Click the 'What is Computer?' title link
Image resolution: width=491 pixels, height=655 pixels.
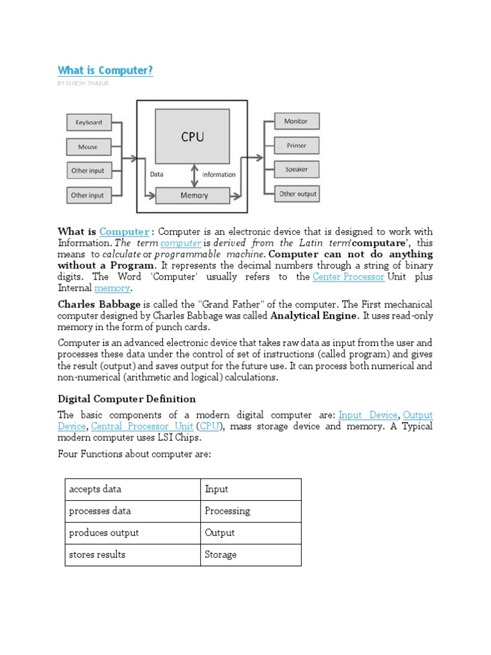coord(105,70)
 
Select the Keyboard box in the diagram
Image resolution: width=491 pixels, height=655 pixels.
coord(89,123)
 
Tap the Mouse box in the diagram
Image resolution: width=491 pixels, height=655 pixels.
coord(89,147)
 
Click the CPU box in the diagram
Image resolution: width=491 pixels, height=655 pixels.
coord(192,137)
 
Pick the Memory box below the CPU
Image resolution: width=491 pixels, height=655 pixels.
coord(194,195)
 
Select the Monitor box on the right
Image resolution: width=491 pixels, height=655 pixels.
coord(296,122)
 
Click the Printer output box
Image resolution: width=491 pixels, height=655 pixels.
coord(296,146)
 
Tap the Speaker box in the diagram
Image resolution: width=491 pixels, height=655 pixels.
coord(296,170)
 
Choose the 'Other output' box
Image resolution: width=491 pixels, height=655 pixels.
coord(297,194)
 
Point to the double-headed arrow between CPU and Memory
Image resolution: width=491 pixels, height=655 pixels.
coord(194,174)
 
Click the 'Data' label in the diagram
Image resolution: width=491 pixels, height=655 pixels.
coord(157,174)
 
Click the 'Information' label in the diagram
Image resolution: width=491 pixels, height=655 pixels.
coord(219,175)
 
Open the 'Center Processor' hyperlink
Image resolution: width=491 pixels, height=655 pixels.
coord(349,277)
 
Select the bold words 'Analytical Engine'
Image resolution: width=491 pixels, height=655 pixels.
coord(313,316)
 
